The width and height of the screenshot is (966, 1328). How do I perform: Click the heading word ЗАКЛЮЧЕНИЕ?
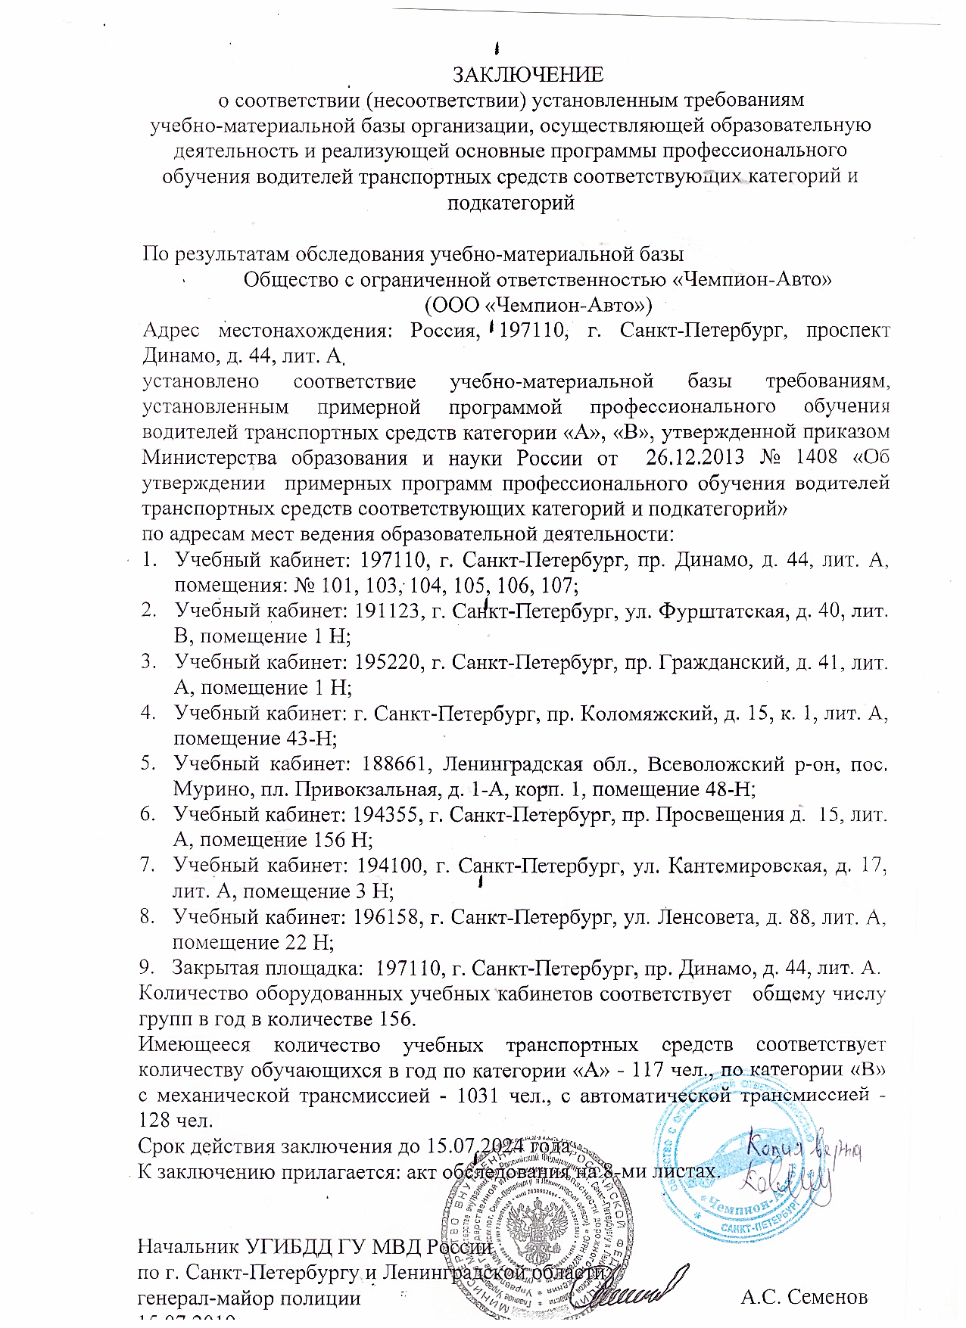pyautogui.click(x=527, y=75)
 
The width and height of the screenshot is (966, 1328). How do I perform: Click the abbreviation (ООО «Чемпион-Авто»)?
pyautogui.click(x=538, y=305)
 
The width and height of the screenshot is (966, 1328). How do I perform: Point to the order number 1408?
pyautogui.click(x=816, y=457)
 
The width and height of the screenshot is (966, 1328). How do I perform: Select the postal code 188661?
pyautogui.click(x=397, y=764)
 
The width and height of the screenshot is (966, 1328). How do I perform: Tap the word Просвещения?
pyautogui.click(x=720, y=814)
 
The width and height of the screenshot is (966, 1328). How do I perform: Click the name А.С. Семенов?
pyautogui.click(x=803, y=1298)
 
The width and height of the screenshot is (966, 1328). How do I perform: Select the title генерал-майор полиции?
pyautogui.click(x=248, y=1298)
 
